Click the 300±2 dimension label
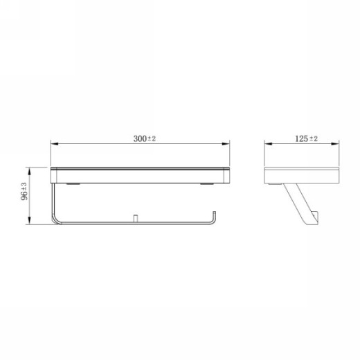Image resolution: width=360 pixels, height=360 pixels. point(145,138)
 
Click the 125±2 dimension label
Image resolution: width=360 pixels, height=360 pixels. point(306,138)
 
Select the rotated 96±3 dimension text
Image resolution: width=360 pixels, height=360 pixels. point(24,191)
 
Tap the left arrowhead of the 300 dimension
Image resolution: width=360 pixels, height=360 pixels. point(55,144)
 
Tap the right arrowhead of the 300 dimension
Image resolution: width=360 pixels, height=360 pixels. point(226,144)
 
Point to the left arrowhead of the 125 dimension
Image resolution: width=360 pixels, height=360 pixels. point(268,144)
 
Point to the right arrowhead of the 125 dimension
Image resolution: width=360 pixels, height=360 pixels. point(335,144)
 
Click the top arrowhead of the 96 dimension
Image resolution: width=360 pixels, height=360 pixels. point(29,171)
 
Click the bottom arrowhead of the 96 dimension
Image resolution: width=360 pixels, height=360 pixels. point(29,220)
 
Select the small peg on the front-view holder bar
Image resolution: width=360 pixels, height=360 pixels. point(136,218)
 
